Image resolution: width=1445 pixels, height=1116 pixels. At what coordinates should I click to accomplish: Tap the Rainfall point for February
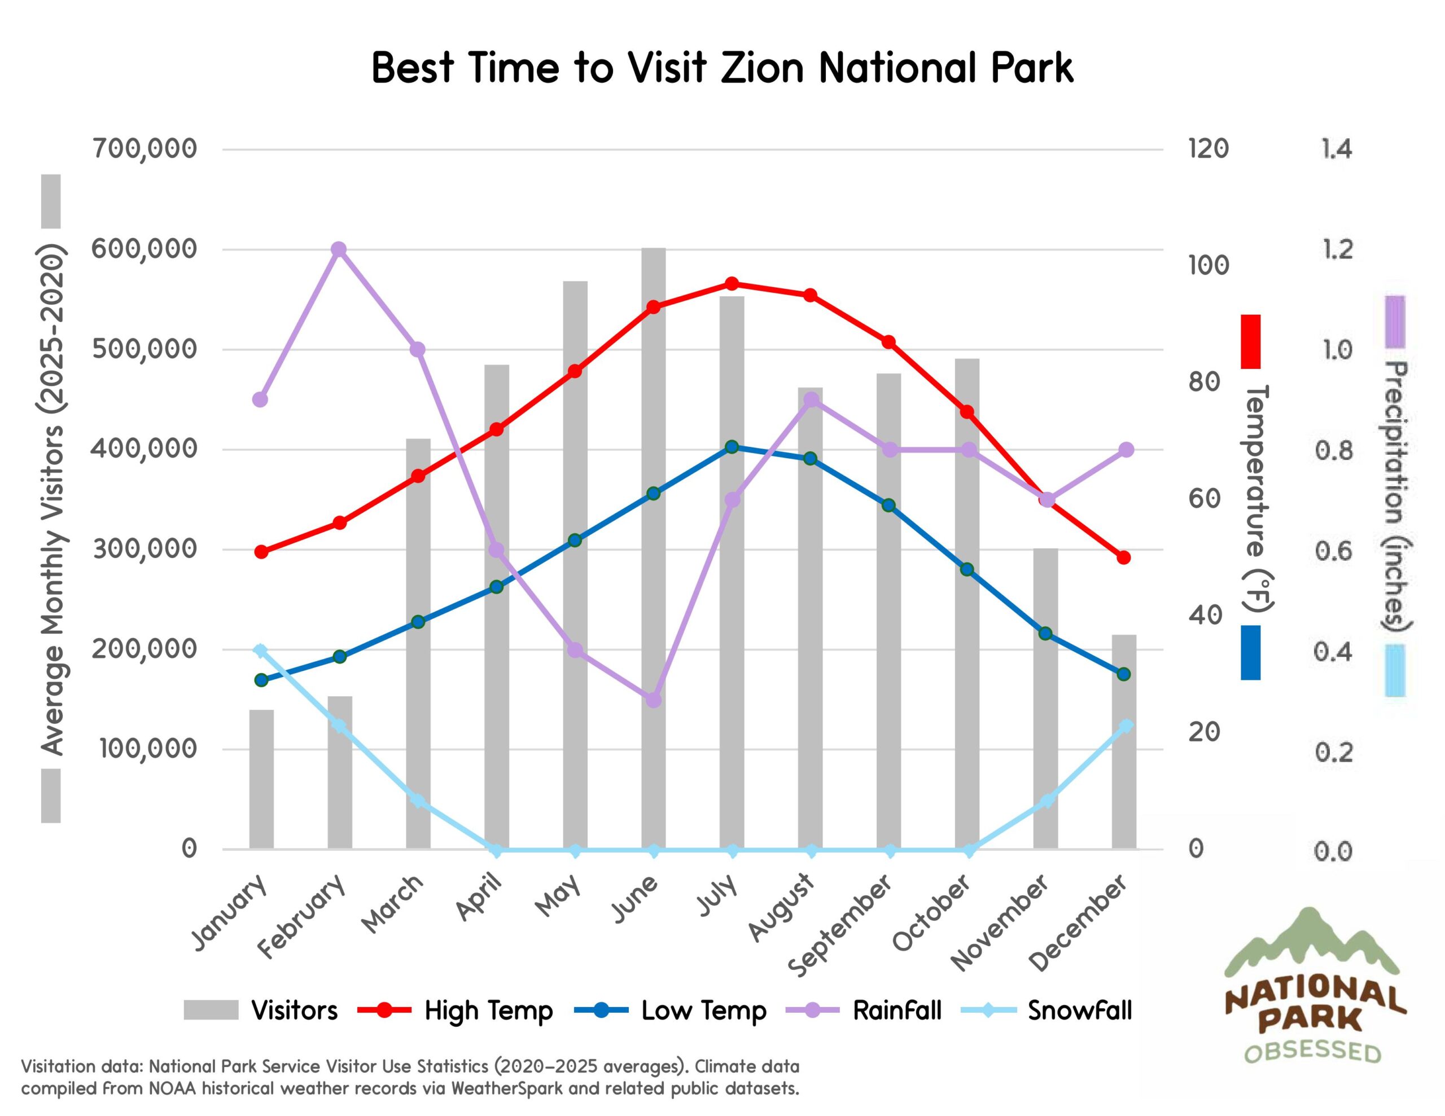point(339,249)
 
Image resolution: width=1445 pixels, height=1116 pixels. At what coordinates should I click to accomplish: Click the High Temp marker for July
point(732,284)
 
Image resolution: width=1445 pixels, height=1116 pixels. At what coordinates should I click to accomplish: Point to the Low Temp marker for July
point(732,447)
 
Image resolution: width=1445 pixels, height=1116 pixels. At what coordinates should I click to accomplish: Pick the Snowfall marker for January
point(261,651)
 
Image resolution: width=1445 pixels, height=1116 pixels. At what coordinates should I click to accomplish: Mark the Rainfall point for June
point(654,700)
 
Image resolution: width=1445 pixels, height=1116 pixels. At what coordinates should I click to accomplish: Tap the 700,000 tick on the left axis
point(145,149)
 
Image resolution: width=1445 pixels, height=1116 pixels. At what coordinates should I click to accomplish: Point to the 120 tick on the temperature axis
point(1208,149)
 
